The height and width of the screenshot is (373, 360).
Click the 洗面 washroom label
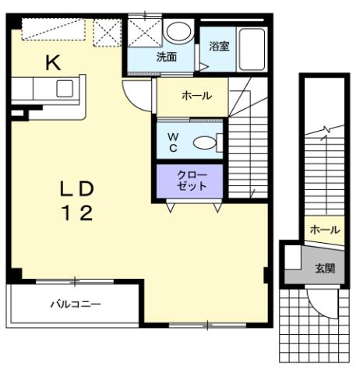(166, 56)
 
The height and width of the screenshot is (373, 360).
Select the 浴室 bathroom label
(219, 46)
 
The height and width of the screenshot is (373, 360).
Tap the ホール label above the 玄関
(323, 230)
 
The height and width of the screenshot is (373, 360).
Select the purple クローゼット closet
(191, 180)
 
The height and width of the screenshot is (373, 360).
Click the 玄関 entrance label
(325, 269)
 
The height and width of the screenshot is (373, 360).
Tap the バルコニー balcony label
(75, 303)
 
